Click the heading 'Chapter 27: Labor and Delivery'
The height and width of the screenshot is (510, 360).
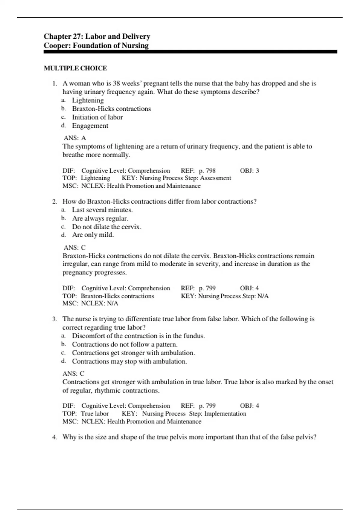tap(97, 36)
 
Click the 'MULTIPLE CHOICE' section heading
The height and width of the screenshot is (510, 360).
tap(75, 68)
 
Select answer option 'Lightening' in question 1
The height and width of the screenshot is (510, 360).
tap(88, 100)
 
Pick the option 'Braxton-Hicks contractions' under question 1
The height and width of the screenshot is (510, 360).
tap(111, 109)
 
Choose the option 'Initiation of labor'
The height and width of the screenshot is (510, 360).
tap(97, 117)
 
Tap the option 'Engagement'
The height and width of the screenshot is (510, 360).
tap(90, 126)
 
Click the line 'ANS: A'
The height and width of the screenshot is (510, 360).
tap(75, 138)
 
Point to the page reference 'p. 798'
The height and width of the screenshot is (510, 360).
tap(207, 171)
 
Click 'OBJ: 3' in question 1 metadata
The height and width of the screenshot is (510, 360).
tap(249, 171)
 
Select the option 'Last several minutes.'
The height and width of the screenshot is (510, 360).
tap(102, 210)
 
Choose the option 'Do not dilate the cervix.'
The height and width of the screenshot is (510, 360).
tap(106, 227)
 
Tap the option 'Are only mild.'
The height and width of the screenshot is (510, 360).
tap(93, 235)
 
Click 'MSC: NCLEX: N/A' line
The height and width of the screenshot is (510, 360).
tap(90, 303)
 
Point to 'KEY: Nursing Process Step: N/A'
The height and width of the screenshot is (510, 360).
tap(225, 296)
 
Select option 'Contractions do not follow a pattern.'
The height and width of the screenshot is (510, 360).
tap(124, 344)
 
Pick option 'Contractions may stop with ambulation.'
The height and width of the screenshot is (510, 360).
tap(129, 361)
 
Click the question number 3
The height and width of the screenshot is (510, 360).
tap(55, 319)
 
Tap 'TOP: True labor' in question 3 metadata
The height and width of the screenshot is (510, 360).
tap(85, 413)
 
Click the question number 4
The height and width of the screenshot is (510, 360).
tap(55, 437)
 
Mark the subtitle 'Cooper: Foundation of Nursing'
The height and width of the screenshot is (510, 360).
tap(96, 46)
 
